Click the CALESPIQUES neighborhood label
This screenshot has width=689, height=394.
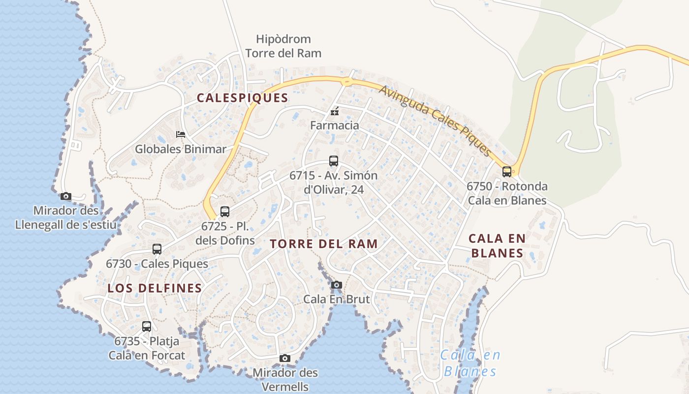pyautogui.click(x=242, y=98)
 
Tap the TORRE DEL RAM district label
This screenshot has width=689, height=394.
pyautogui.click(x=324, y=243)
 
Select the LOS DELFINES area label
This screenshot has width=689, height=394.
pyautogui.click(x=155, y=288)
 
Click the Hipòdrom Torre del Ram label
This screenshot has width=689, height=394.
pyautogui.click(x=283, y=46)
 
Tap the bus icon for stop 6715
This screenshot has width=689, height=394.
pyautogui.click(x=334, y=161)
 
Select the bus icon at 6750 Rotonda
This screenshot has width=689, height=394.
pyautogui.click(x=507, y=172)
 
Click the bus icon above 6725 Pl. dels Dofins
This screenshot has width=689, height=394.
pyautogui.click(x=225, y=212)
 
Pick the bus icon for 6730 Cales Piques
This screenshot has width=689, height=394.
pyautogui.click(x=157, y=249)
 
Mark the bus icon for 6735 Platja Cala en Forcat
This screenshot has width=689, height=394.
pyautogui.click(x=147, y=326)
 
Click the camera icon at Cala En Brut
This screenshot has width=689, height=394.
pyautogui.click(x=337, y=285)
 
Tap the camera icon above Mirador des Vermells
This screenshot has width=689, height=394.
pyautogui.click(x=285, y=358)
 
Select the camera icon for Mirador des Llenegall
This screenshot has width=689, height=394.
pyautogui.click(x=66, y=196)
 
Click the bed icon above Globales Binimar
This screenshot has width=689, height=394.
pyautogui.click(x=181, y=134)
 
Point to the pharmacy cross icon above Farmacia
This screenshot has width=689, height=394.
pyautogui.click(x=335, y=111)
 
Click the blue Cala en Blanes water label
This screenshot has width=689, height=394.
pyautogui.click(x=470, y=362)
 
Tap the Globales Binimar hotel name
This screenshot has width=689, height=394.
pyautogui.click(x=181, y=149)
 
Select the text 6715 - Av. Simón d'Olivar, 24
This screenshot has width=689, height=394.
pyautogui.click(x=333, y=182)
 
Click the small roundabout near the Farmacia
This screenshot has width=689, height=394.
pyautogui.click(x=347, y=82)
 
